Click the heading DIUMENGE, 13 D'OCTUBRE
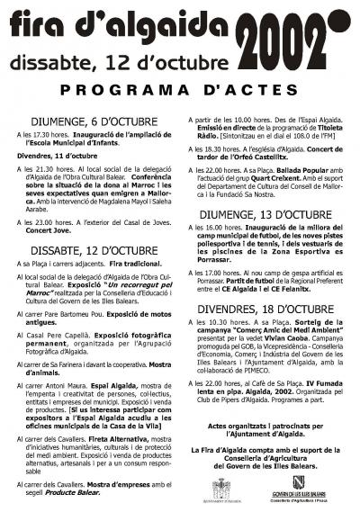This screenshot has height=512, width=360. (x=269, y=215)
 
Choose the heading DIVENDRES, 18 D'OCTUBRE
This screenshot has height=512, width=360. (x=269, y=309)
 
